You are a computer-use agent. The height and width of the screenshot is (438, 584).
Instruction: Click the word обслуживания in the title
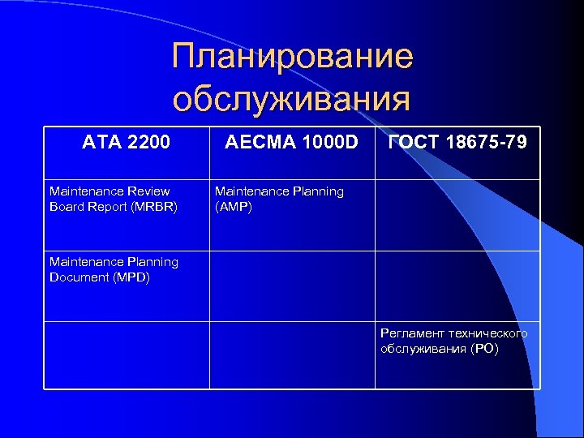click(291, 99)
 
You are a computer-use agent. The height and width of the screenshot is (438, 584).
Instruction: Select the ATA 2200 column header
click(127, 143)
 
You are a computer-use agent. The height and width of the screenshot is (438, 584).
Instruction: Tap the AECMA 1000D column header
click(292, 143)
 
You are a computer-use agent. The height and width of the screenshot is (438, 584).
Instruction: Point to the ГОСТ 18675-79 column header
click(457, 143)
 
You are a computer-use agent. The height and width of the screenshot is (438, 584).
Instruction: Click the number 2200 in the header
click(149, 143)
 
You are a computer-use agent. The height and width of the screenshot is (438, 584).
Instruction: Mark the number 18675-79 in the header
click(487, 143)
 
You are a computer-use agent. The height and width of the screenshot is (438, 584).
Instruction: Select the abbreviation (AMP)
click(234, 206)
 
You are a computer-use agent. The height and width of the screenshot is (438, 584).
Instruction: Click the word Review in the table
click(148, 191)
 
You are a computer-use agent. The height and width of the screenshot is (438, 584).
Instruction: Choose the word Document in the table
click(77, 277)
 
